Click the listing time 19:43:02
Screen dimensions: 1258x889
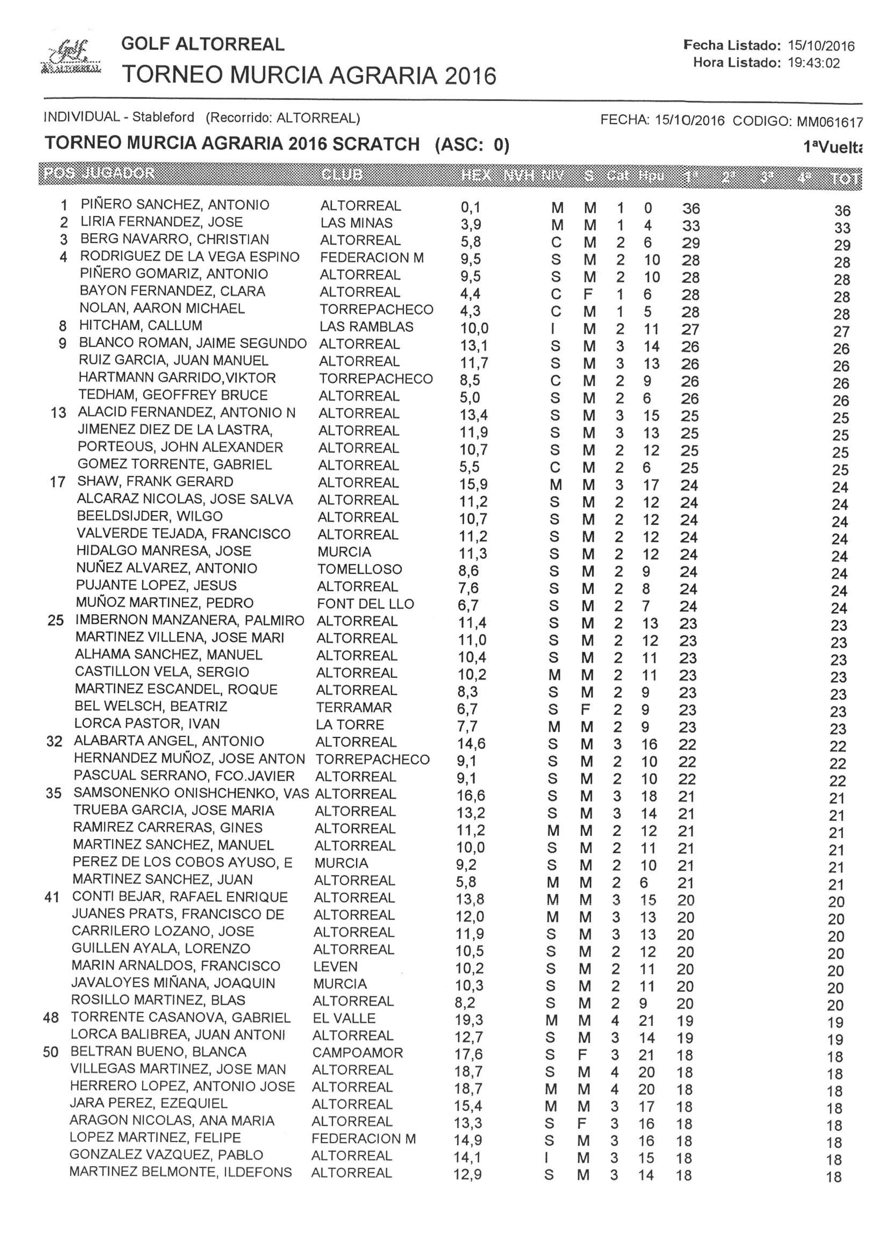813,63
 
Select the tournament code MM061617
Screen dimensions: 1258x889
829,122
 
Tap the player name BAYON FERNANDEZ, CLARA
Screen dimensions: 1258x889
172,291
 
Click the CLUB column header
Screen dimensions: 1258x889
341,175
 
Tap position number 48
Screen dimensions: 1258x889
51,1018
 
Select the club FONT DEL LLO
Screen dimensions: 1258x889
365,604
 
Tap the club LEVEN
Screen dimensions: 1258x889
335,967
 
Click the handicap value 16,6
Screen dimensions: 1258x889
471,795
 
